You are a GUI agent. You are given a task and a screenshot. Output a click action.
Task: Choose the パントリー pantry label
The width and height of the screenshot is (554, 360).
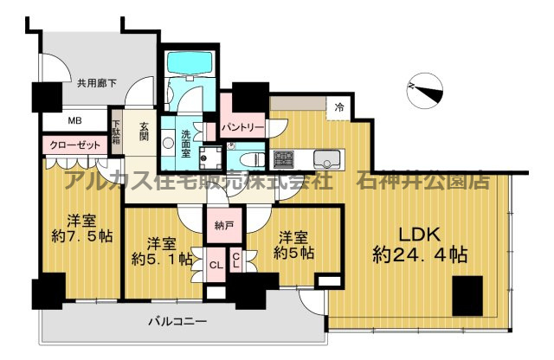242,127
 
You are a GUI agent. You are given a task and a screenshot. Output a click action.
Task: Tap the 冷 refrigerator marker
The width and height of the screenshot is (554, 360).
339,107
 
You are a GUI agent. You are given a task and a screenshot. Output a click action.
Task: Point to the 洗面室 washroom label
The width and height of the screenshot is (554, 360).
186,142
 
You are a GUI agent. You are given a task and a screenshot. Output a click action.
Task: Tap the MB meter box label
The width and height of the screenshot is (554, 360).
52,120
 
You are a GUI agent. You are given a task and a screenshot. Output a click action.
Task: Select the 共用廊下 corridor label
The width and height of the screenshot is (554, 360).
97,84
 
